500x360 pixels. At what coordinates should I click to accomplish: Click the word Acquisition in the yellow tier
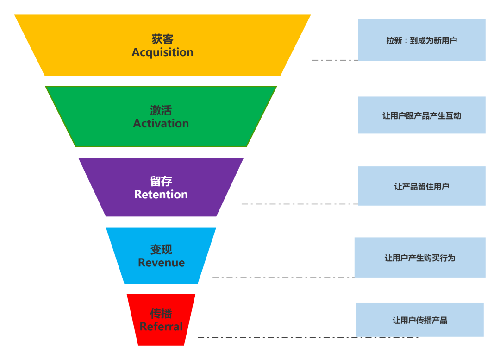pos(162,52)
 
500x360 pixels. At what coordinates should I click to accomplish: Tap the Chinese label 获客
pos(162,39)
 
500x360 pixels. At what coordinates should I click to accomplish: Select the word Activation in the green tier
pos(161,124)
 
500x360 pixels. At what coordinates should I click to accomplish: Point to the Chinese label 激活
pos(161,110)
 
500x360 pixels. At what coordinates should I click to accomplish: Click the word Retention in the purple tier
pos(161,195)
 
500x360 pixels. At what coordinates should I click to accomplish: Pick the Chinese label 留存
pos(161,181)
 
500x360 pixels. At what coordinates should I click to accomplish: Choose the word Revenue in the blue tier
pos(161,263)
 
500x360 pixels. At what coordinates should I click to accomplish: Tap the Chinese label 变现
pos(161,249)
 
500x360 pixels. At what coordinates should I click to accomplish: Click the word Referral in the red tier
pos(161,327)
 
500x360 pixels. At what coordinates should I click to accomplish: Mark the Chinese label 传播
pos(161,314)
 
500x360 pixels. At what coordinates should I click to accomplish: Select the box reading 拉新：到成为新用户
pos(421,40)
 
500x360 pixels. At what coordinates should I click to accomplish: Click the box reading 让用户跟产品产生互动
pos(421,115)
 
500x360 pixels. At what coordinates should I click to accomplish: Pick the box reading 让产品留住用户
pos(421,186)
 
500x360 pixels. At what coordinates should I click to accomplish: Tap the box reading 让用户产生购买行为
pos(419,258)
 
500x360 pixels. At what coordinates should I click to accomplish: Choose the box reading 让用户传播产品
pos(419,320)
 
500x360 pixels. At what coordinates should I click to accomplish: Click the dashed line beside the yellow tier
pos(334,60)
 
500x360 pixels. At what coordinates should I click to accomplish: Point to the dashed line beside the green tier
pos(317,133)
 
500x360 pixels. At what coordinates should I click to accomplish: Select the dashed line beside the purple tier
pos(299,204)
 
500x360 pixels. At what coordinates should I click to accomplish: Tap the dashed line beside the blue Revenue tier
pos(282,277)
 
